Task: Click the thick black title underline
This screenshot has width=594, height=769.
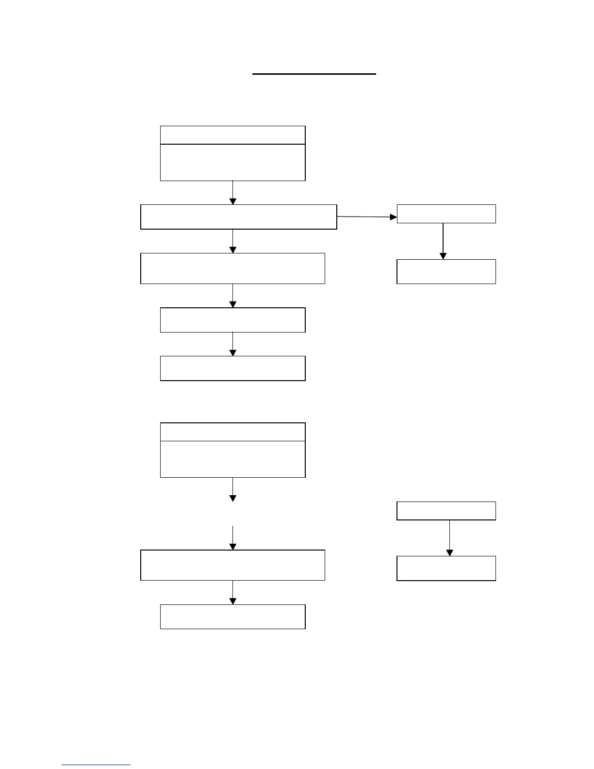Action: click(x=314, y=74)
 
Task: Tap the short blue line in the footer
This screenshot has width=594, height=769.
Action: click(x=96, y=765)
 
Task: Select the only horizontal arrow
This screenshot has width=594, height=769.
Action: click(x=366, y=217)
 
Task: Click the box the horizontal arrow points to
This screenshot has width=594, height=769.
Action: click(x=446, y=214)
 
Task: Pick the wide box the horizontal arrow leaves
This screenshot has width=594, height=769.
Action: click(x=238, y=217)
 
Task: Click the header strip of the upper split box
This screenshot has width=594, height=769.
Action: click(x=232, y=135)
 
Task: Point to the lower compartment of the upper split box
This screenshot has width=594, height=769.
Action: click(x=232, y=163)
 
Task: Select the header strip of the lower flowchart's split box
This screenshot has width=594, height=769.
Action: click(x=232, y=432)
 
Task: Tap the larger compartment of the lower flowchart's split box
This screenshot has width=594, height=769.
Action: click(x=232, y=459)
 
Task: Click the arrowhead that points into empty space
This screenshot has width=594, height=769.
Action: click(x=233, y=498)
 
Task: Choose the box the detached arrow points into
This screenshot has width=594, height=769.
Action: click(x=232, y=565)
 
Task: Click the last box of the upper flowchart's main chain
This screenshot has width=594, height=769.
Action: click(x=232, y=368)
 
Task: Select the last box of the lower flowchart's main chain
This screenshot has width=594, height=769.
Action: click(x=232, y=617)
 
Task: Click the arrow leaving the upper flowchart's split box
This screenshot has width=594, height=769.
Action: click(x=233, y=193)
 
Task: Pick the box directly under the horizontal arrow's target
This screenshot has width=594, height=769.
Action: click(x=446, y=271)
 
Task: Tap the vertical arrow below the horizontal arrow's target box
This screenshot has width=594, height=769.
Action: click(x=443, y=241)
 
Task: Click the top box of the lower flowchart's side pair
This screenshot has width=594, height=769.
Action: click(x=446, y=511)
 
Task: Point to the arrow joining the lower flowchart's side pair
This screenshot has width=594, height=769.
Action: click(x=449, y=538)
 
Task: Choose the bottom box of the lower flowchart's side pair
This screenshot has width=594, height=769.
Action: click(x=446, y=568)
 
